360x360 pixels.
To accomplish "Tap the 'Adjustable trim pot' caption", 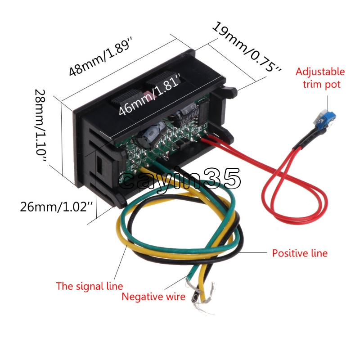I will tap(320, 77).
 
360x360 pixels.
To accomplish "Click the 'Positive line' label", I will tap(300, 253).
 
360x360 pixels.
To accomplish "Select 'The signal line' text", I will tap(89, 286).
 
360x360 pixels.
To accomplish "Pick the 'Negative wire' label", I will tap(153, 297).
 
